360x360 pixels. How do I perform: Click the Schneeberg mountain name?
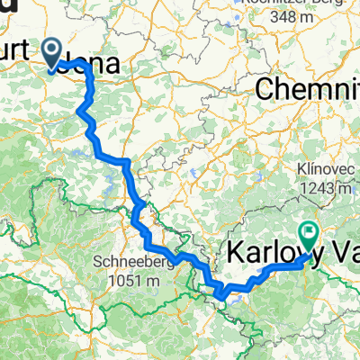click(130, 264)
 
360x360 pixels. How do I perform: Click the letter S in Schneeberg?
click(96, 264)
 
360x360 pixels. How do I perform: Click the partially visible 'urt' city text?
click(18, 67)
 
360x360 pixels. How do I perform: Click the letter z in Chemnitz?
click(356, 89)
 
